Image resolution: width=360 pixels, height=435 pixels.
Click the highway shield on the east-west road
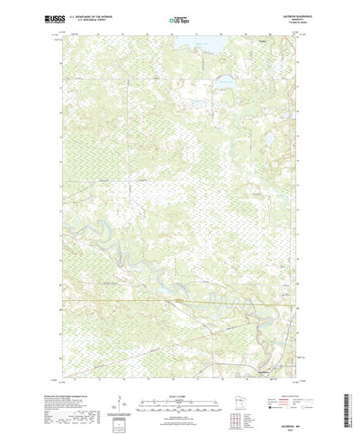coord(180,299)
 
